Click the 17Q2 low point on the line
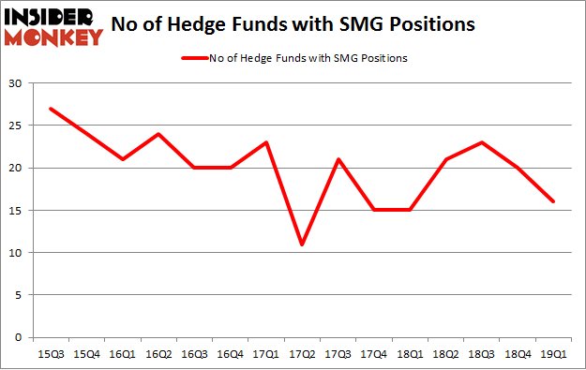(302, 244)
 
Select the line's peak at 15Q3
(50, 109)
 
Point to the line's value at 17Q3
(338, 159)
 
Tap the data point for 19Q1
(553, 201)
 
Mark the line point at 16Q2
(158, 134)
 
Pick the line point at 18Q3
(481, 142)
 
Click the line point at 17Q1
(265, 142)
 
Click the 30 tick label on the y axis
(16, 83)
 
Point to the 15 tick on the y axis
(16, 211)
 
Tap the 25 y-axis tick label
(16, 126)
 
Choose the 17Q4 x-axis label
(373, 354)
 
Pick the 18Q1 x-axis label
(409, 354)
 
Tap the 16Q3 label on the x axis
(193, 354)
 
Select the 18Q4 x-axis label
(517, 354)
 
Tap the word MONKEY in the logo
(53, 38)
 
